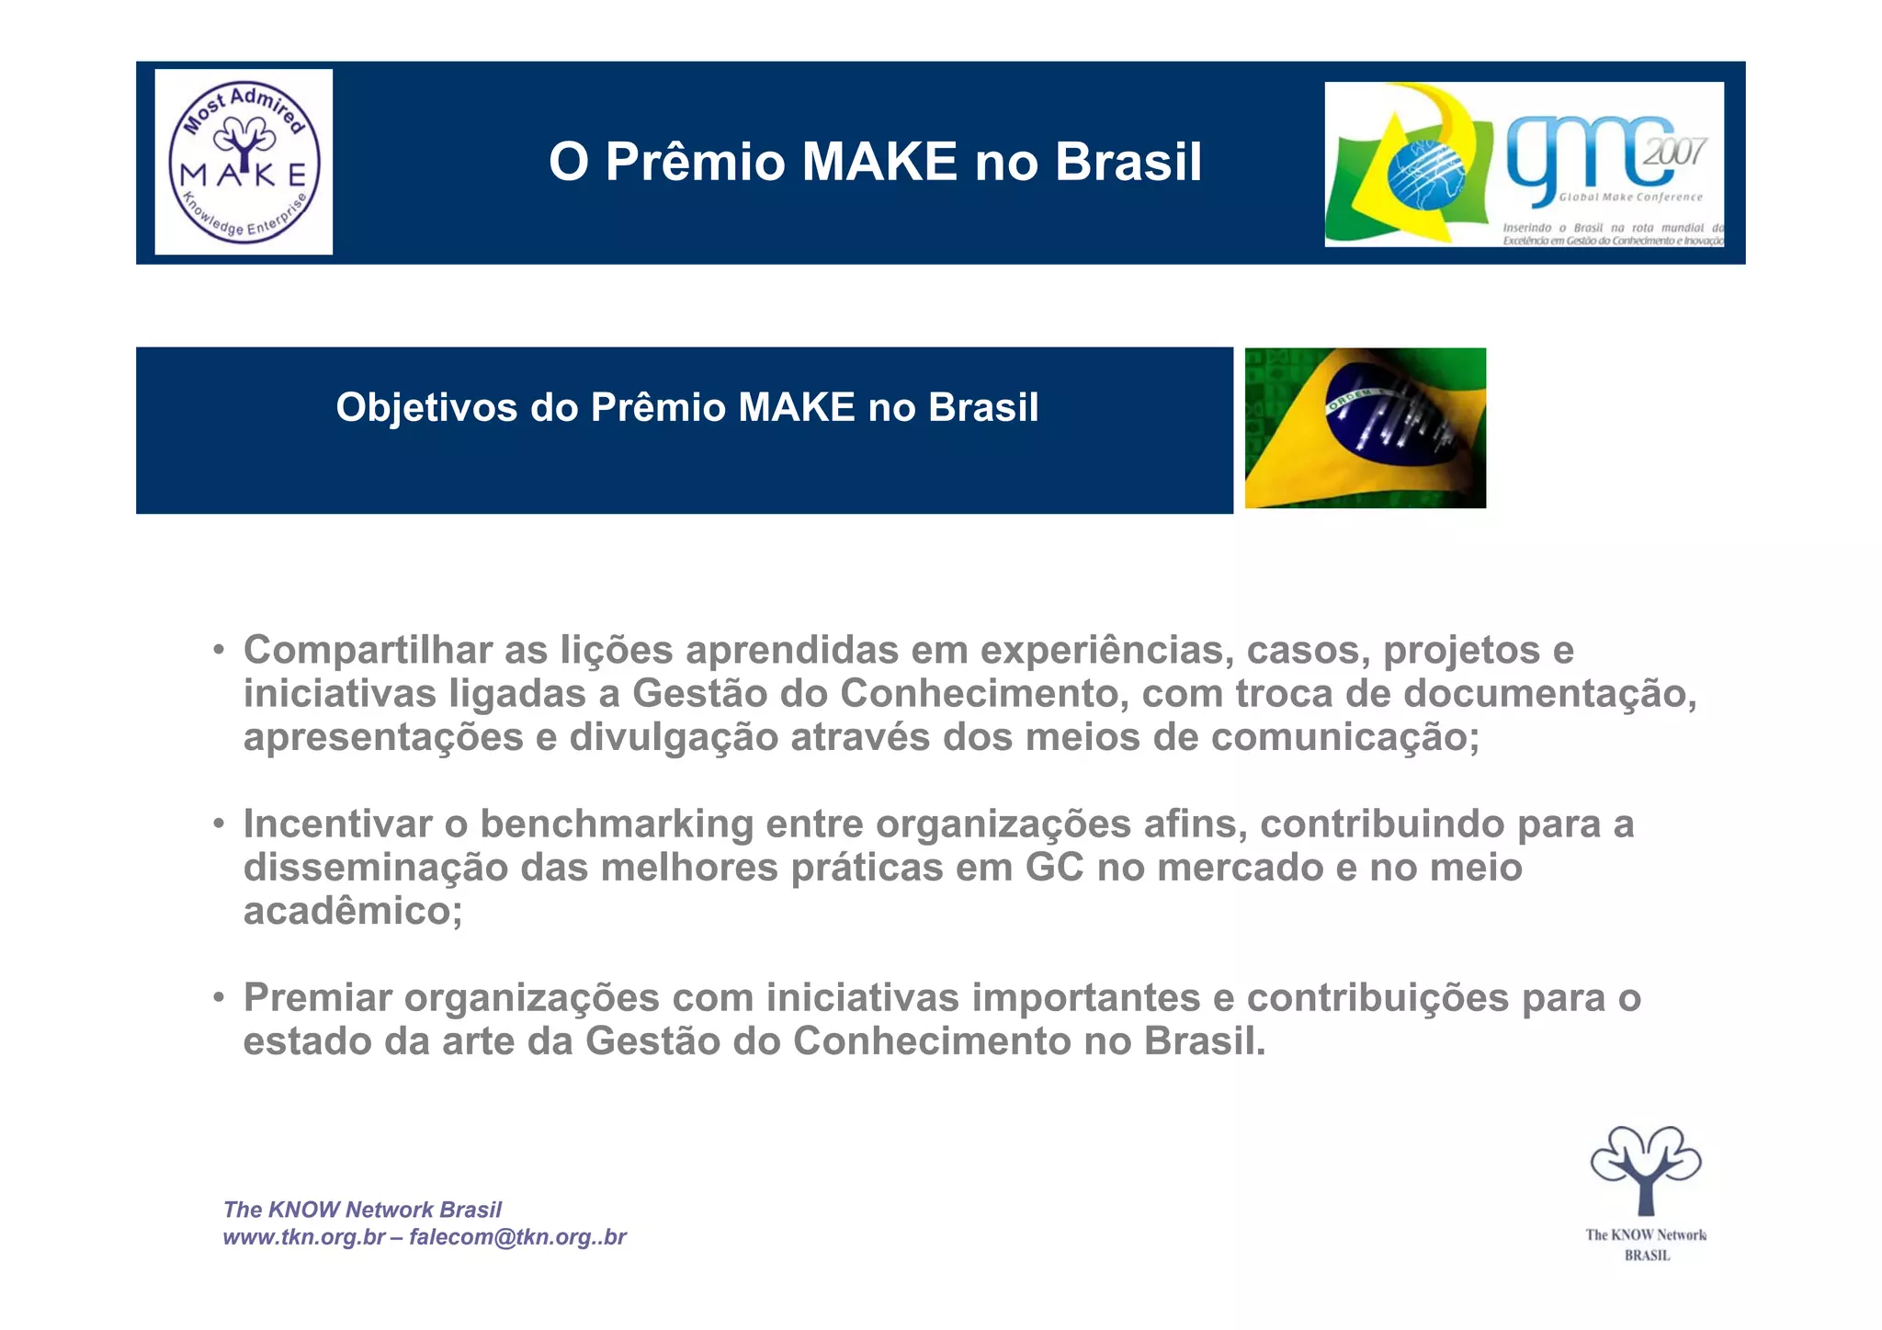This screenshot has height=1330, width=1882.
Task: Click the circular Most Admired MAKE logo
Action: tap(244, 162)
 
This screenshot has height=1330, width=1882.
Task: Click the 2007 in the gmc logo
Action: tap(1674, 152)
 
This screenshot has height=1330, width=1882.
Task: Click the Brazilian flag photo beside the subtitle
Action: tap(1365, 427)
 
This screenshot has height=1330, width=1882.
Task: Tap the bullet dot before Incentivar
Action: tap(219, 824)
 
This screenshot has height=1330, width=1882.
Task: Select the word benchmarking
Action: tap(617, 824)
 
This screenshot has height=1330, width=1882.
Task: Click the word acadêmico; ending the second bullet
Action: tap(353, 911)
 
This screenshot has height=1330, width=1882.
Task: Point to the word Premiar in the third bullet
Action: tap(317, 997)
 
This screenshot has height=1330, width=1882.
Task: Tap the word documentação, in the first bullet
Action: tap(1549, 693)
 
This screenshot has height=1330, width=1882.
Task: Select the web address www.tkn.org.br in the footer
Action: tap(304, 1237)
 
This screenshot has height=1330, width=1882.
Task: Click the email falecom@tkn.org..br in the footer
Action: tap(517, 1237)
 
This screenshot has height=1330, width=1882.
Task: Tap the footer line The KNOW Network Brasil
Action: tap(362, 1210)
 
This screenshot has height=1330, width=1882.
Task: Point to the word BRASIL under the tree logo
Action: tap(1647, 1256)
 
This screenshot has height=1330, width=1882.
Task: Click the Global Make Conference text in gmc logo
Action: tap(1630, 197)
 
